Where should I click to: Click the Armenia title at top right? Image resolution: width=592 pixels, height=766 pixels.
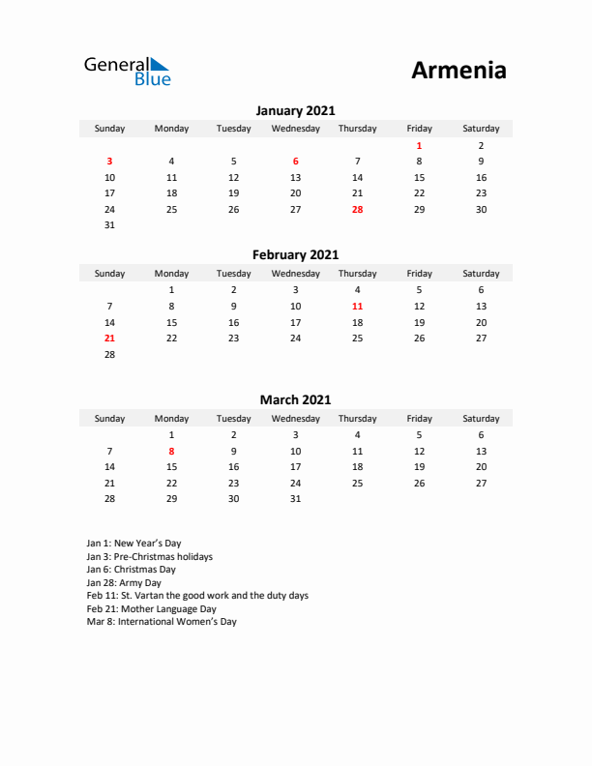pos(459,71)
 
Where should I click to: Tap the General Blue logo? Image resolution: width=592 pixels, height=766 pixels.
pos(127,71)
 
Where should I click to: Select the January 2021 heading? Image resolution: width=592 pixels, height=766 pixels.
pos(295,111)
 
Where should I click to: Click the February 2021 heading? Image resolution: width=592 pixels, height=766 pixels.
pos(295,255)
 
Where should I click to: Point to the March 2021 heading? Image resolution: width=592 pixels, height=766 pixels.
pos(295,399)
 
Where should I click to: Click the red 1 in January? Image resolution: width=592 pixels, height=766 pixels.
pos(419,145)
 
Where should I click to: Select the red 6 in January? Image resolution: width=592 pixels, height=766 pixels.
pos(295,162)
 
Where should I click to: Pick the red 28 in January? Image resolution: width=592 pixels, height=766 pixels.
pos(357,209)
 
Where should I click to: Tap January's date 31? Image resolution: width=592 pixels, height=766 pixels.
pos(109,225)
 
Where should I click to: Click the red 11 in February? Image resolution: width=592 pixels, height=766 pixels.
pos(357,306)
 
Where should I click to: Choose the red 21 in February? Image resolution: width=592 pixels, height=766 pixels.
pos(109,339)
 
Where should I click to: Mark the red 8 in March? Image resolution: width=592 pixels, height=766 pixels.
pos(171,451)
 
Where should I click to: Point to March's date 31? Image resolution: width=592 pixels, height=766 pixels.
pos(295,499)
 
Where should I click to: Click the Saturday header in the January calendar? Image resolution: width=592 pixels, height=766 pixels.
pos(481,129)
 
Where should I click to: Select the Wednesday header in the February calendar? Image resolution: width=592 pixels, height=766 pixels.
pos(295,273)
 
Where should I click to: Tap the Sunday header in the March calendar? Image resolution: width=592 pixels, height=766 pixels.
pos(109,419)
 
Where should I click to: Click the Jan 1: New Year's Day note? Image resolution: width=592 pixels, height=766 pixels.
pos(133,544)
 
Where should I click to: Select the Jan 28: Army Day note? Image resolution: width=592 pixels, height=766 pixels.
pos(124,583)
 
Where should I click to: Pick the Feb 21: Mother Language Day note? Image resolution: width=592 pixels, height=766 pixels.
pos(151,609)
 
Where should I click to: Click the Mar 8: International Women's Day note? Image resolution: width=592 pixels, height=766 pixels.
pos(161,622)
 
